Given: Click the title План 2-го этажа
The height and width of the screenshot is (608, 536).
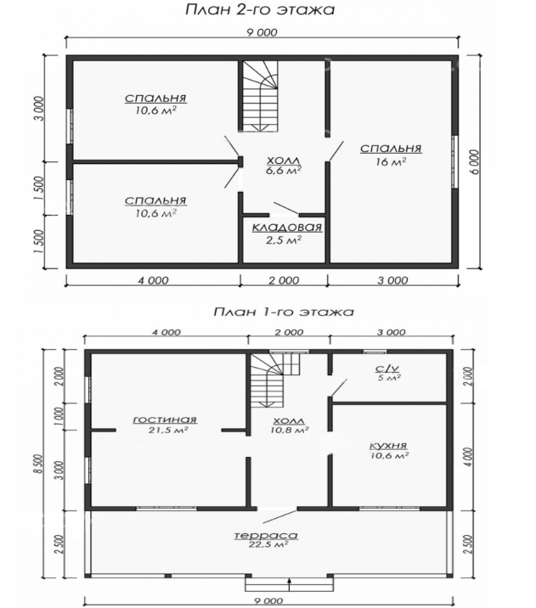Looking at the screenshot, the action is coord(260,9).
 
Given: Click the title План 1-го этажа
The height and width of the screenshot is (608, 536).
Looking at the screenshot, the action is coord(284,312).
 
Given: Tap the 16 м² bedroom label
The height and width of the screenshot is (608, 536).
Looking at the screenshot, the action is coord(391,155).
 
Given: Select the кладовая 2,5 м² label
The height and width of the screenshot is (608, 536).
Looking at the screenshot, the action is coord(287,234).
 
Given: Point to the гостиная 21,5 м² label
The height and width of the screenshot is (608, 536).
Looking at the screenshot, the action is coord(166,425).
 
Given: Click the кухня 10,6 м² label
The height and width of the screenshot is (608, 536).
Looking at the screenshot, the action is coord(389,450).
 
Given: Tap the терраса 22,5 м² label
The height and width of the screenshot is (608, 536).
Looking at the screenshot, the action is coord(266,539).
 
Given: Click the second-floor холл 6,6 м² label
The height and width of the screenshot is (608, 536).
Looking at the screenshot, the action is coord(284,166).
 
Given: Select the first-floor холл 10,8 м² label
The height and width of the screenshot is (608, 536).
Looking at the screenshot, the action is coord(290,425).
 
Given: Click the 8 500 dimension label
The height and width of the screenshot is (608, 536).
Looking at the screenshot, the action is coord(48,468).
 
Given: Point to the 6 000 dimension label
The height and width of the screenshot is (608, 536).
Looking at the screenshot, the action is coord(477,162).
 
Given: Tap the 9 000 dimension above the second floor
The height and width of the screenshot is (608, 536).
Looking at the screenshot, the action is coord(262,32).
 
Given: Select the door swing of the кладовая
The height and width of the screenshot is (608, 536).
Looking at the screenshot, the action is coord(286,208).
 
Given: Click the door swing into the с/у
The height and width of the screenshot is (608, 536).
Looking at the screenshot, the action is coord(340,388).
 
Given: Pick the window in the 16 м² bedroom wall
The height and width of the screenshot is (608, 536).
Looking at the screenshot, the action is coord(455,162).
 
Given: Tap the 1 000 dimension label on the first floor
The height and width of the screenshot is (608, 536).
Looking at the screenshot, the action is coord(59,417).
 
